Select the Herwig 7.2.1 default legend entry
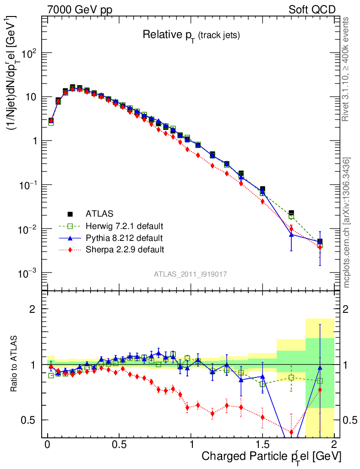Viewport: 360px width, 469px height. coord(124,226)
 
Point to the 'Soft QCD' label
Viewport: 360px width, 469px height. coord(312,10)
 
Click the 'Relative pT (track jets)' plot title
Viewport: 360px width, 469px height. coord(191,35)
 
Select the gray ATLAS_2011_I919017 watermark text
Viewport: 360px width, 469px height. coord(191,274)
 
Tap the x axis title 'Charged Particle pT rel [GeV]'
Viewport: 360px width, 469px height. coord(271,457)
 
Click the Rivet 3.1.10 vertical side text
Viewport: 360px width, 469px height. coord(346,69)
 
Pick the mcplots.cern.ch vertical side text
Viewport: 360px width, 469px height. coord(347,222)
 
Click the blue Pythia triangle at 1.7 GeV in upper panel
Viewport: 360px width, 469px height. coord(291,234)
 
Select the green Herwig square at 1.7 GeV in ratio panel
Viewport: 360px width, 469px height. coord(291,377)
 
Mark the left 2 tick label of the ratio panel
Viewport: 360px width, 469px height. coord(33,309)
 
